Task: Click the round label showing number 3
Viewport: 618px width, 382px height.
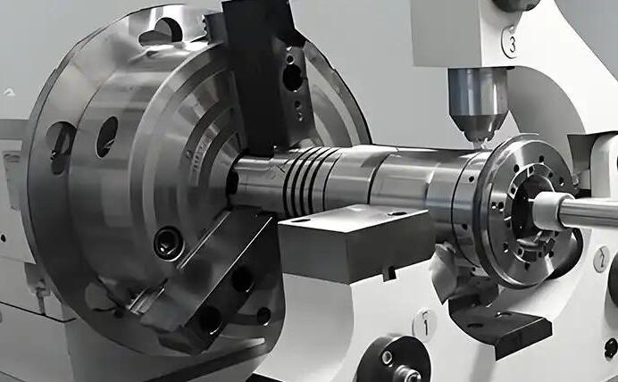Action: click(x=511, y=43)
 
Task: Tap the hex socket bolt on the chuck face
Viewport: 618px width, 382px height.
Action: click(x=169, y=245)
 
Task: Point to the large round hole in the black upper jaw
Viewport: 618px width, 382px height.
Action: click(x=292, y=78)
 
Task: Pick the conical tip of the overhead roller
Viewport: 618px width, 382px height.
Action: click(x=477, y=128)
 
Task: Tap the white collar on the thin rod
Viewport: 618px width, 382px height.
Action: click(x=549, y=212)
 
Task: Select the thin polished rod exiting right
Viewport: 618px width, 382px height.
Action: click(x=589, y=213)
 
